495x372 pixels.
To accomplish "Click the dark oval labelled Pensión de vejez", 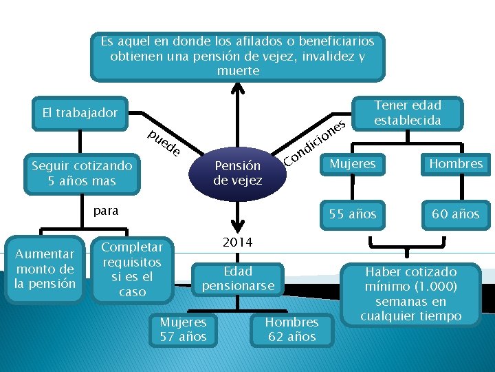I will pos(237,173).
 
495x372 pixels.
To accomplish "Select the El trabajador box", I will pos(80,112).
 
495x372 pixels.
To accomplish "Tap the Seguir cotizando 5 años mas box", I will pos(82,173).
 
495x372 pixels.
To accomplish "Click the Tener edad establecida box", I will pos(407,113).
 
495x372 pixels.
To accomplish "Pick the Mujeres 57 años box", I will pos(183,329).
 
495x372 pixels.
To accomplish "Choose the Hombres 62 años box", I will pos(291,329).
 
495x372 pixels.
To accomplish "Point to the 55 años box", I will pos(353,214).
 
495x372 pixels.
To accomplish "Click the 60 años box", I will pos(455,214).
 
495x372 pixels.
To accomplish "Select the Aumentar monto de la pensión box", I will pos(45,269).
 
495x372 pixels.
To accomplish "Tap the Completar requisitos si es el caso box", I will pos(132,269).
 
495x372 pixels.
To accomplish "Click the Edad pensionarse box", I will pos(238,278).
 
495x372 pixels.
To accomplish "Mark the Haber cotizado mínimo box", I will pos(410,293).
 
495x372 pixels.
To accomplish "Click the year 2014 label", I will pos(237,242).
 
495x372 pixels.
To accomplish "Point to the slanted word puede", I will pos(164,141).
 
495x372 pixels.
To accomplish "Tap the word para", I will pos(106,211).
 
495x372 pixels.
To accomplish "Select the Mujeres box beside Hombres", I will pos(353,164).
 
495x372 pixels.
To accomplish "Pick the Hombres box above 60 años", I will pos(455,164).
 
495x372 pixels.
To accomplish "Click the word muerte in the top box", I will pos(237,71).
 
